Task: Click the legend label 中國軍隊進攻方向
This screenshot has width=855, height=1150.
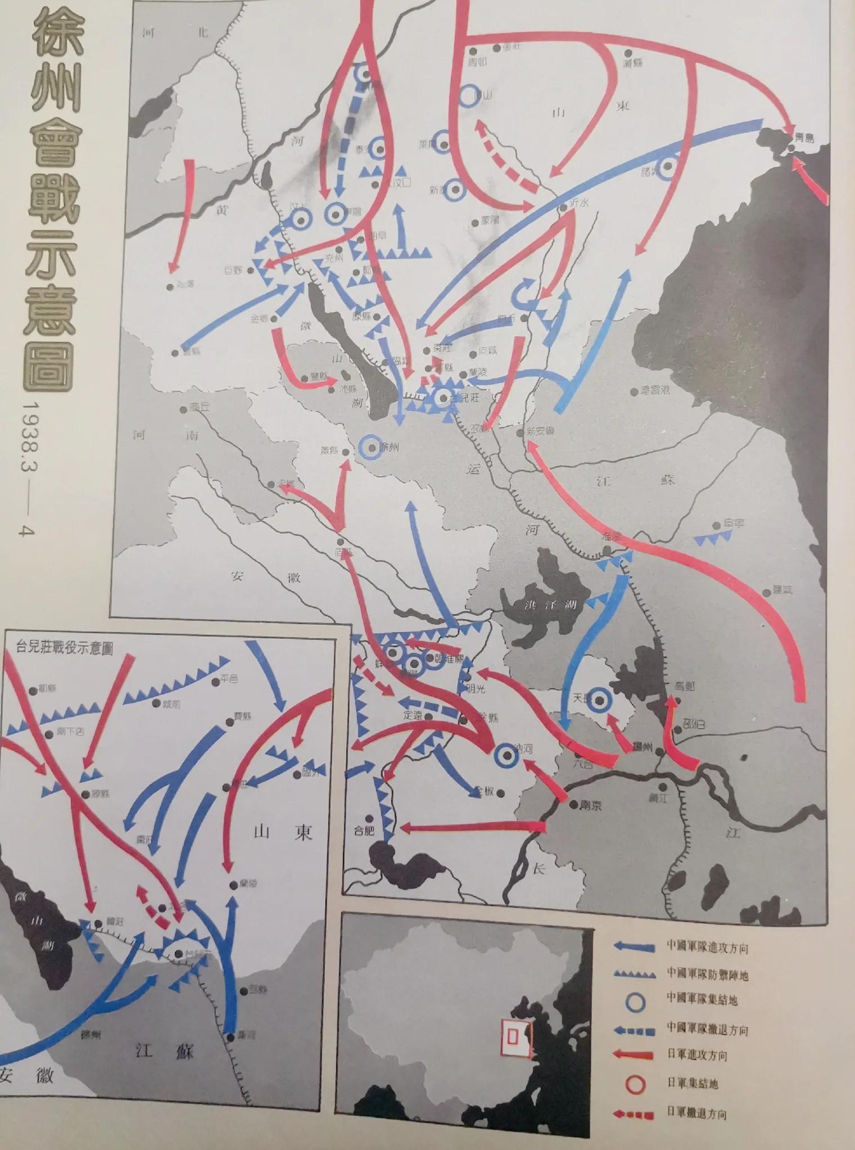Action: [x=707, y=947]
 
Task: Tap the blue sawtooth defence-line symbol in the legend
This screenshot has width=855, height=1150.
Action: [x=634, y=975]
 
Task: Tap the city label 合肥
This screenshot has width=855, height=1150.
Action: [x=364, y=829]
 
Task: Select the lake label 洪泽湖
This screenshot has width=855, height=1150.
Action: [x=541, y=605]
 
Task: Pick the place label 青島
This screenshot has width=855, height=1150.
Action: [x=805, y=137]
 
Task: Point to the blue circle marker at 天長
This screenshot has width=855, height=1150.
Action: [x=600, y=700]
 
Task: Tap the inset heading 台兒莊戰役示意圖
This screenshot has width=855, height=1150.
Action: [x=64, y=648]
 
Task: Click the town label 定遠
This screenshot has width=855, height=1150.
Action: [x=412, y=715]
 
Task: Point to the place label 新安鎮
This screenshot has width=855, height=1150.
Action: [x=540, y=431]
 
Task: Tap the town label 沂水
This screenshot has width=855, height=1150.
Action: [x=579, y=204]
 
